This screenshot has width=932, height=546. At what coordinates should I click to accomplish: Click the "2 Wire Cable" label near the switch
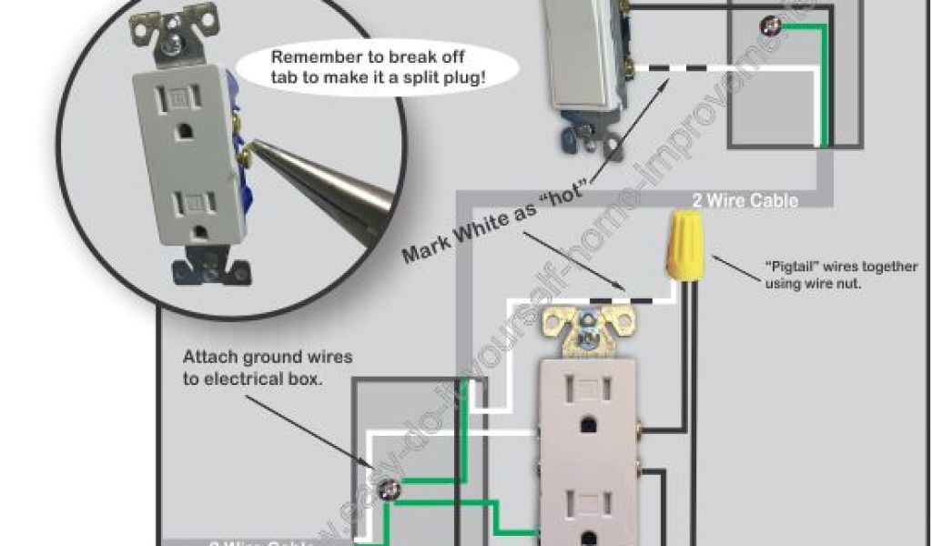pyautogui.click(x=745, y=200)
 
